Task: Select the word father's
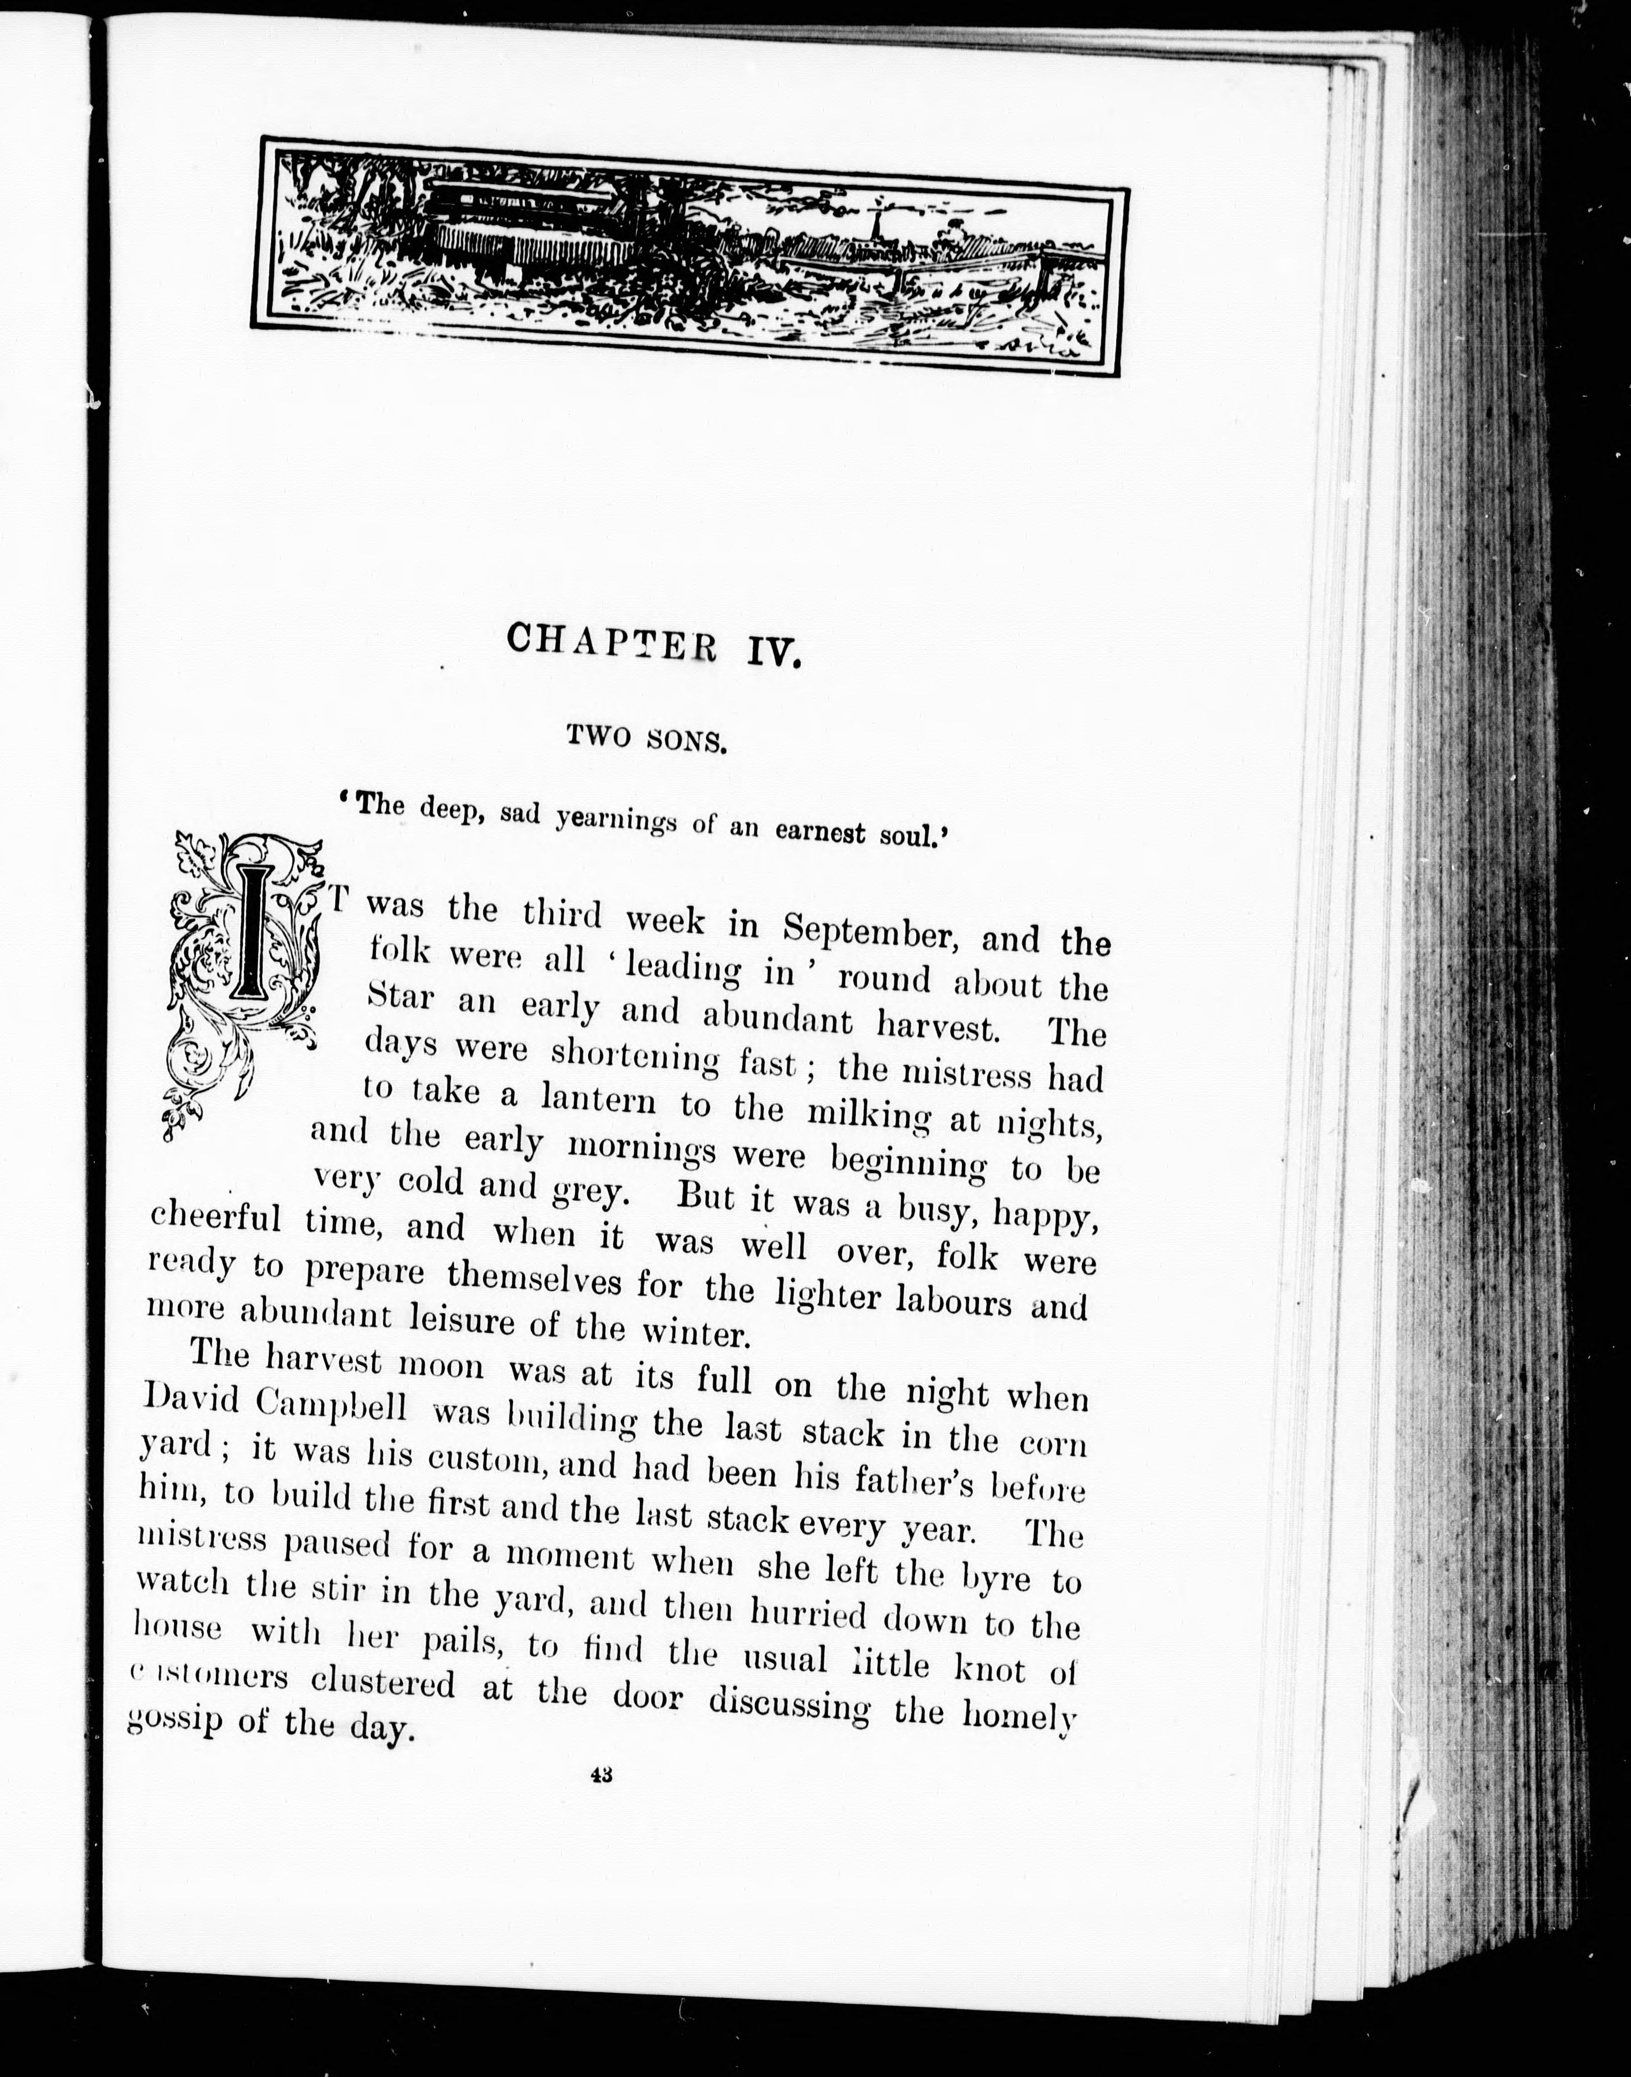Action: point(916,1480)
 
